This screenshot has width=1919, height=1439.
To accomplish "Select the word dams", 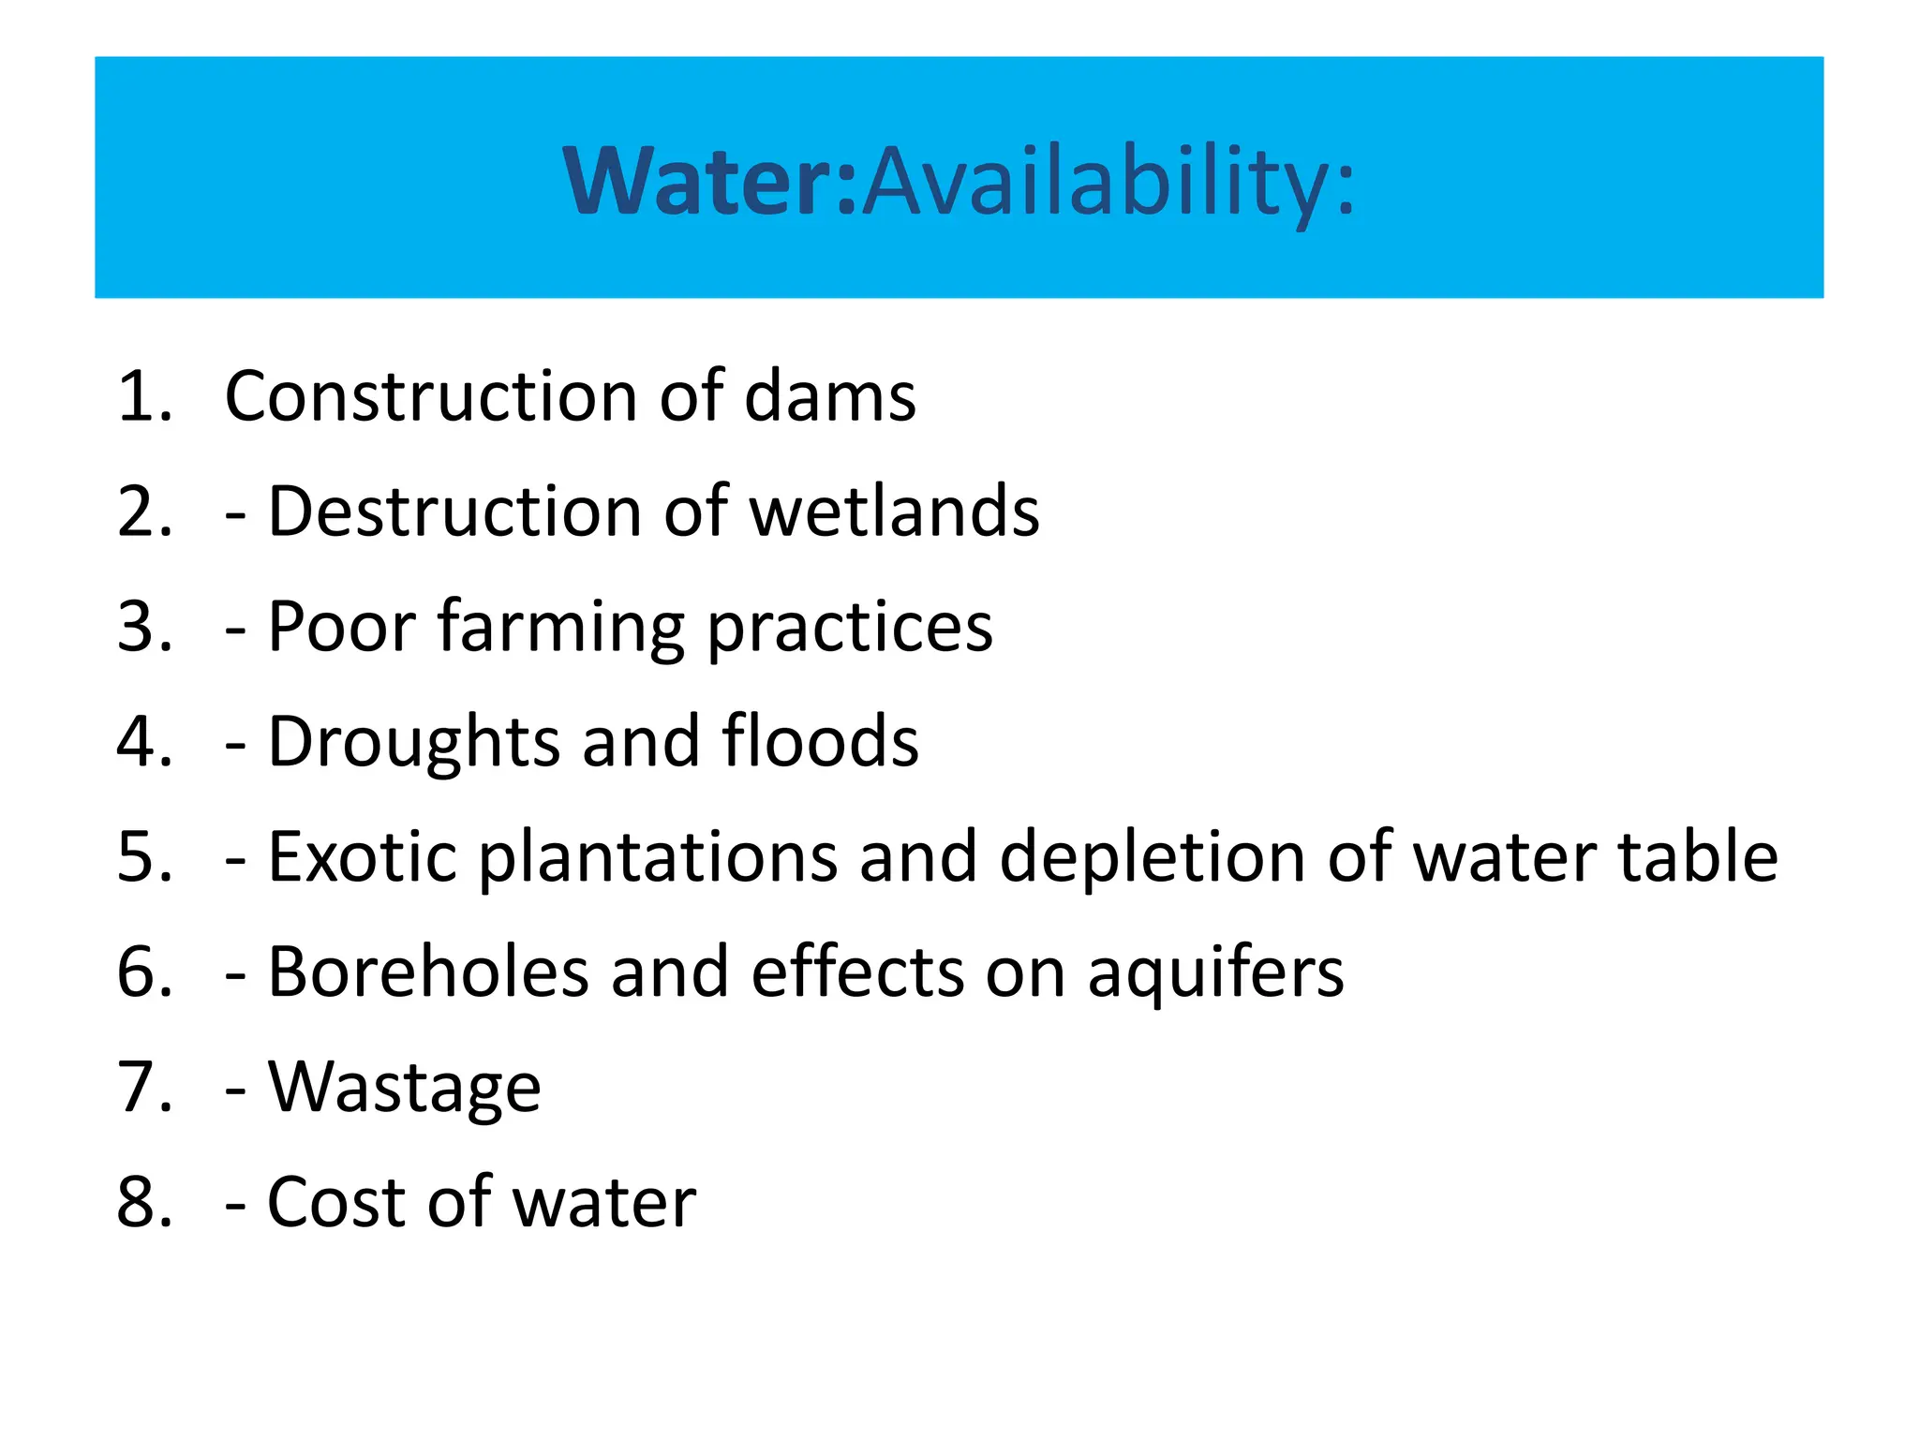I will click(x=830, y=396).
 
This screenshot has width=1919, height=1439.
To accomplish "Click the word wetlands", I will click(x=895, y=512).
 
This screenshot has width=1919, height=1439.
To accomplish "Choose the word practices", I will click(x=850, y=628).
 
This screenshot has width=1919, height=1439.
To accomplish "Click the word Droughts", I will click(x=413, y=742).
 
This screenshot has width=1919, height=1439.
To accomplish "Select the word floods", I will click(x=821, y=742).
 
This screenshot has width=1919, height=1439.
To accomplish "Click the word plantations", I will click(x=659, y=856).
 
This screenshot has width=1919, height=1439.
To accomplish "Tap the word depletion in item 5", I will click(x=1153, y=856).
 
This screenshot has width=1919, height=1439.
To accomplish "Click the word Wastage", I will click(x=405, y=1089).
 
